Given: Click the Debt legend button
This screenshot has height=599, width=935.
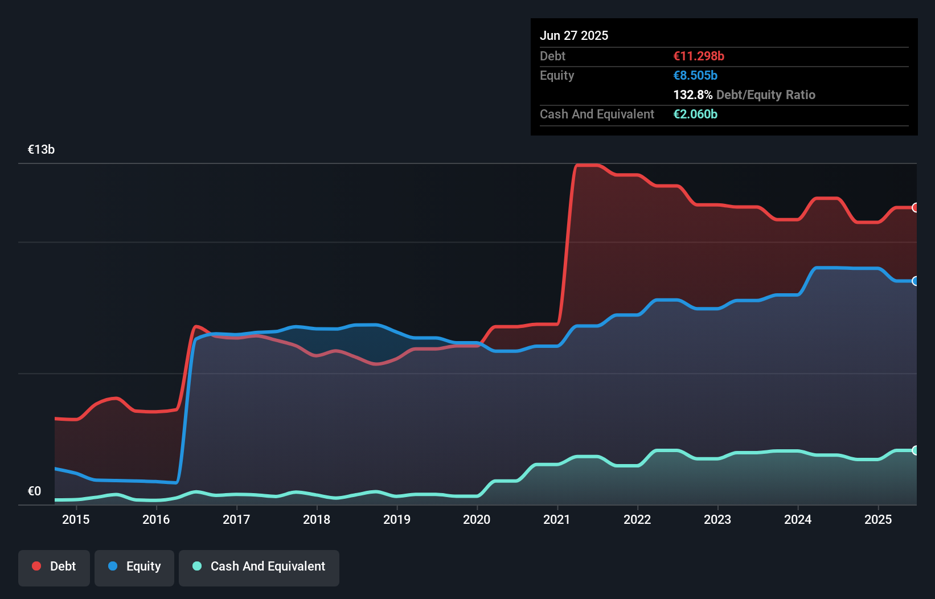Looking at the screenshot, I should pos(54,567).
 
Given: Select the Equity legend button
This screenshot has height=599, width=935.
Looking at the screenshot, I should pos(134,567).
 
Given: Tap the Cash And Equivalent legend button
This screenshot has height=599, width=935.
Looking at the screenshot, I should pos(259,567).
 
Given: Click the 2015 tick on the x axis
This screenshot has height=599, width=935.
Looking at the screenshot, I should pos(76,519).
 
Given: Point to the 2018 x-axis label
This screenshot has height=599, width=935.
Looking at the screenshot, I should pos(317,519).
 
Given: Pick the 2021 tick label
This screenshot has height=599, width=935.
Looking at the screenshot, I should pos(557,519).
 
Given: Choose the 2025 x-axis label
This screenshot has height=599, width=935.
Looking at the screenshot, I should pos(878,519).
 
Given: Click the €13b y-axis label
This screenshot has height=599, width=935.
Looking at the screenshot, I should pos(42,150).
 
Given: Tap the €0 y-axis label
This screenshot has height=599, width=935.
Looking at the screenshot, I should pos(35,491).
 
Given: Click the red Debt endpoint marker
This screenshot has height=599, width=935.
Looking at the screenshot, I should pos(916,208).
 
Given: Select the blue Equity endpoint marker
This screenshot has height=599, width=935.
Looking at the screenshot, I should pos(916,281).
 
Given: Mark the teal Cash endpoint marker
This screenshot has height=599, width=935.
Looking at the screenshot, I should pos(916,450).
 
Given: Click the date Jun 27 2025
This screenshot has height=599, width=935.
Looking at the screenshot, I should pos(574,35).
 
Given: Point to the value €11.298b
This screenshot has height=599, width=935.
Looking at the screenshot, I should pos(699,56).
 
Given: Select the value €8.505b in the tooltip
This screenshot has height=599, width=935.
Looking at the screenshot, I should pos(695,75).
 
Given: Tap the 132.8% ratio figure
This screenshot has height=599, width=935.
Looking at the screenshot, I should pos(692,95).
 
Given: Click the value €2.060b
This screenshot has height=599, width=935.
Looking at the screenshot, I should pos(695,114).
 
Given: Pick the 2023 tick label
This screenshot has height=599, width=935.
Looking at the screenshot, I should pos(717,519).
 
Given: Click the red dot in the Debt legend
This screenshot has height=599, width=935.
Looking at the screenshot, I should pos(36,566).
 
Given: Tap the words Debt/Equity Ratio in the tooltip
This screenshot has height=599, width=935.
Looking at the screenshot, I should pos(766,95).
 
